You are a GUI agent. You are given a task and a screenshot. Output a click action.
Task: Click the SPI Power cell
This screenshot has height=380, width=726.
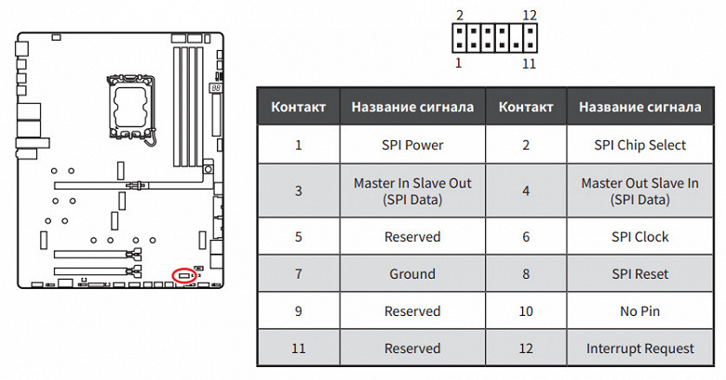tap(412, 145)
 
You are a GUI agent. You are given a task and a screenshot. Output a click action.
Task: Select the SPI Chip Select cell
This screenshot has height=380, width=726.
tap(639, 145)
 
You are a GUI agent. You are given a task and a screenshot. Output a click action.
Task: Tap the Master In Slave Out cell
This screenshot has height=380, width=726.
tap(412, 191)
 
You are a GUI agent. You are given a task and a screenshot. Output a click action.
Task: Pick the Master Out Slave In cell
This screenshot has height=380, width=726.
tap(639, 191)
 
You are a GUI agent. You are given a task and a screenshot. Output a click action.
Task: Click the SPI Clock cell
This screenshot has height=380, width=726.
tap(639, 237)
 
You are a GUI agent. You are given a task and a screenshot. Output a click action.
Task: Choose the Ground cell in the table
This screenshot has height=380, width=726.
tap(412, 274)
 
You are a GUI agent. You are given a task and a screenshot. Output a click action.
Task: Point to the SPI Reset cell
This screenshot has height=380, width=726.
tap(639, 274)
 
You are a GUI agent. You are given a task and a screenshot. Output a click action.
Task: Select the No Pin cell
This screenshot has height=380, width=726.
tap(639, 311)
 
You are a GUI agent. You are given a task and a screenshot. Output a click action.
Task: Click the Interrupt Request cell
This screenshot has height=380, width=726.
tap(639, 348)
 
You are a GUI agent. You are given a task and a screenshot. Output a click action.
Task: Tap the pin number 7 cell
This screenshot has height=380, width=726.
tap(299, 274)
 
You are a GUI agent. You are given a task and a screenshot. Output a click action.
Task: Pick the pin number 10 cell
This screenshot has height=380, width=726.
tap(527, 311)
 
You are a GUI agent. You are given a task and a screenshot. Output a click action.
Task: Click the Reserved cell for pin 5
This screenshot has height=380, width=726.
tap(412, 237)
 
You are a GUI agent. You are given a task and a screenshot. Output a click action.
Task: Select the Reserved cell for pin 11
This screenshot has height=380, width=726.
tap(412, 348)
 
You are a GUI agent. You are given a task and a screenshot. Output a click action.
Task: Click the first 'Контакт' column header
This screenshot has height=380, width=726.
tap(299, 107)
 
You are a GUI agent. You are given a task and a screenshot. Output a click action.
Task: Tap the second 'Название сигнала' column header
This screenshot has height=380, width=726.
tap(639, 107)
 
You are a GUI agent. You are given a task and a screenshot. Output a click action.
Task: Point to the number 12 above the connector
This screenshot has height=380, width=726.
tap(530, 15)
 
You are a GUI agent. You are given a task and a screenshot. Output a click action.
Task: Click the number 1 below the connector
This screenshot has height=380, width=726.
tap(458, 63)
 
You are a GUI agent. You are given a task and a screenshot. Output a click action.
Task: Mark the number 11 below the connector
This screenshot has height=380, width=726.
tap(530, 63)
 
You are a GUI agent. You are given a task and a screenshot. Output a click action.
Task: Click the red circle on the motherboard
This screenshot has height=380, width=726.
tap(184, 274)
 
